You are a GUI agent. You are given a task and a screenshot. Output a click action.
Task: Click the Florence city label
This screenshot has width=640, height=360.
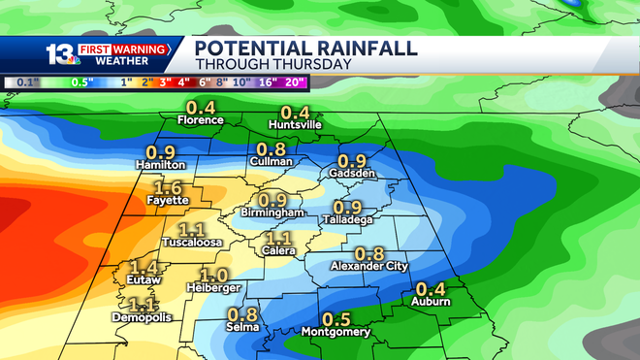201,120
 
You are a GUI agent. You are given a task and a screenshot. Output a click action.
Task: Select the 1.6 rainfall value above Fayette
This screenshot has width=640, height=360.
169,188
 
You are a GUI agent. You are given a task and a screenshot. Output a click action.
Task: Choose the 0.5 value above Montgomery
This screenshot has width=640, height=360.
336,319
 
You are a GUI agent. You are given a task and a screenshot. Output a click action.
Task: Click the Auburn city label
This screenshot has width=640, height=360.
431,301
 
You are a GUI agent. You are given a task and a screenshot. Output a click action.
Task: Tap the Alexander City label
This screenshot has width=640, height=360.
369,265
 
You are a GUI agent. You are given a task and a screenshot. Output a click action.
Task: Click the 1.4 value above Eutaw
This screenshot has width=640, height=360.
144,267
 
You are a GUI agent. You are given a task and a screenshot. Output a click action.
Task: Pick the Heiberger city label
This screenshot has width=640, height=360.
213,287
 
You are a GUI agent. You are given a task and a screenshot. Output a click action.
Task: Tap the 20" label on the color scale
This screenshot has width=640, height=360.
295,82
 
